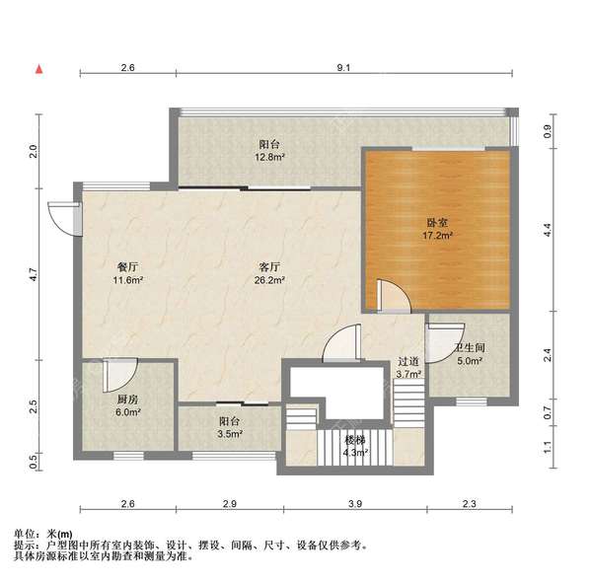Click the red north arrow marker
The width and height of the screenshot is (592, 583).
[39, 69]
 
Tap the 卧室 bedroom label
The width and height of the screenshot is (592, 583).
[437, 223]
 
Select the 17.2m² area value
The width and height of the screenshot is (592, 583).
[437, 236]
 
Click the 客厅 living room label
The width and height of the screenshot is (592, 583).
[269, 267]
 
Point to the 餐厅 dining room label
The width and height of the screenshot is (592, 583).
[127, 267]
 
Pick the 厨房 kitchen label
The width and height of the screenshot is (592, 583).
[127, 400]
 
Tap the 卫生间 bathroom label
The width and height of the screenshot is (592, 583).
[470, 347]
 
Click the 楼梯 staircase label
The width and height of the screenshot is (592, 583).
[355, 440]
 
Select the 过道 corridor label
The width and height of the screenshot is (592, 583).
[408, 361]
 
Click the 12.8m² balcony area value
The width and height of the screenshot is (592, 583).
[269, 157]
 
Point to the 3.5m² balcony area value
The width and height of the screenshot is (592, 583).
[230, 434]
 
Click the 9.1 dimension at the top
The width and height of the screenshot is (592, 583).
[343, 68]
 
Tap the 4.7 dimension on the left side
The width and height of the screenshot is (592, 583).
[34, 274]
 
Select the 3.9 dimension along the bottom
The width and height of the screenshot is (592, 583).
[355, 504]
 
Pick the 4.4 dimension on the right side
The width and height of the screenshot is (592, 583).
[548, 230]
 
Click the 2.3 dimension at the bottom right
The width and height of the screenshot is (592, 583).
[470, 504]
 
